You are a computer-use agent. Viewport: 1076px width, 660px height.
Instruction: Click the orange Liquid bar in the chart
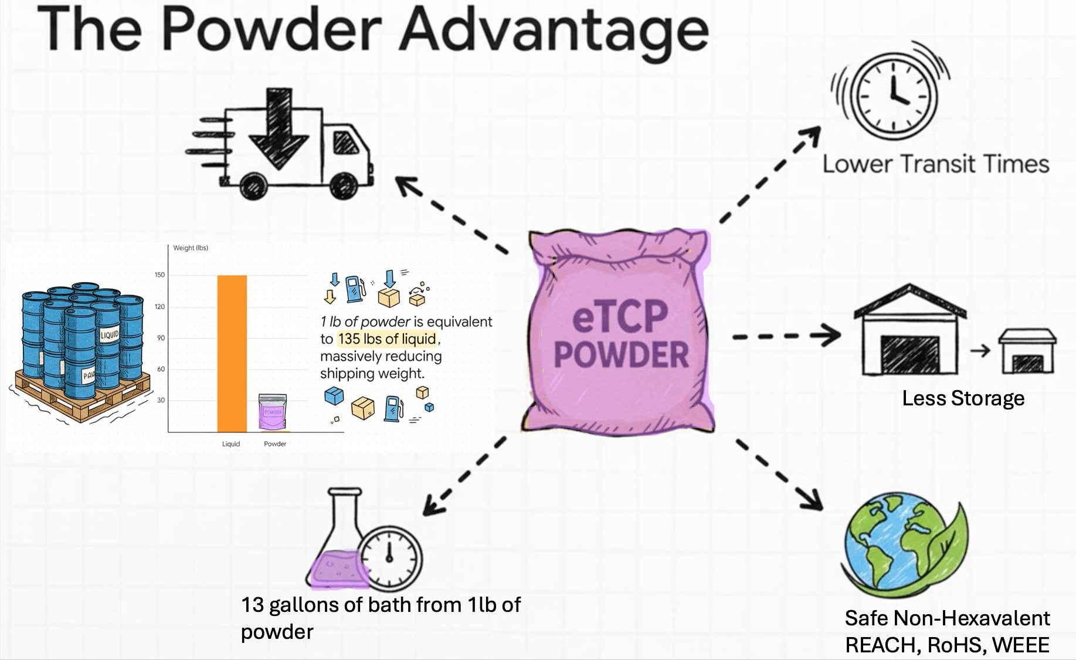click(232, 353)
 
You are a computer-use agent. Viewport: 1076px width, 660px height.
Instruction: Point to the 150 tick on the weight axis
click(160, 275)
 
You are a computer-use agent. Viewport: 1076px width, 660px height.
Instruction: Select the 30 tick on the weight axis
click(161, 401)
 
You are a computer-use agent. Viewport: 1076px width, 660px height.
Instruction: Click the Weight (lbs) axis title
click(191, 248)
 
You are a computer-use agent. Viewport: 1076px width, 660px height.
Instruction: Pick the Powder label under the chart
click(275, 444)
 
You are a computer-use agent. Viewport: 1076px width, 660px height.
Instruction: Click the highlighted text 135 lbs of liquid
click(387, 339)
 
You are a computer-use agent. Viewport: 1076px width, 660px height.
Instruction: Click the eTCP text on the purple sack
click(620, 317)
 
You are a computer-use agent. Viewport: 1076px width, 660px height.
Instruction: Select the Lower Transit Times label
click(936, 164)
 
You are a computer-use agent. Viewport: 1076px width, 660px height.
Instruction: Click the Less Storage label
click(963, 398)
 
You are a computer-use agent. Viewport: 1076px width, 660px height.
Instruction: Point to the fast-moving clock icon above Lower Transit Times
click(892, 94)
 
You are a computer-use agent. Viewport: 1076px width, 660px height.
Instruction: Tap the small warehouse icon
click(1028, 352)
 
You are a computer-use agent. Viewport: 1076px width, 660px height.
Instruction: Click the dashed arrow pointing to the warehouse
click(786, 336)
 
